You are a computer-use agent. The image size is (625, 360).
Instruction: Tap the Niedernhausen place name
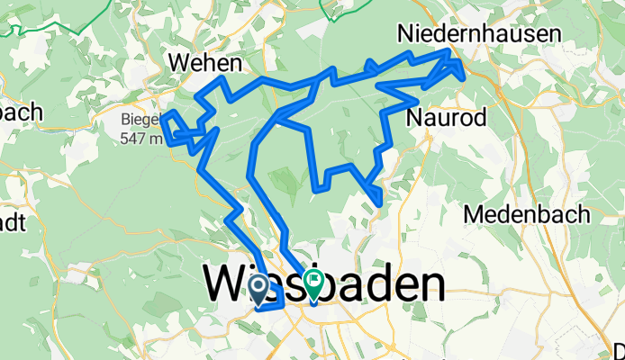[x=480, y=33]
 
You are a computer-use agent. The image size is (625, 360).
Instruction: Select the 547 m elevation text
[x=142, y=138]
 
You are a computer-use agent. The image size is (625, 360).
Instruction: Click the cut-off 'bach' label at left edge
[x=20, y=112]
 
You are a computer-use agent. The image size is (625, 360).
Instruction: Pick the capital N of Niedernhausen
[x=408, y=33]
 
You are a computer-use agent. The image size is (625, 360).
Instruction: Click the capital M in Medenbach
[x=475, y=214]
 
